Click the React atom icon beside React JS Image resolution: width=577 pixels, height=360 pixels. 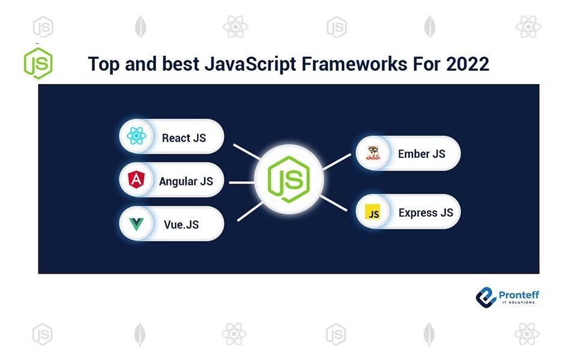click(136, 136)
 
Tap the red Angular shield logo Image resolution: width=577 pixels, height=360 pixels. click(136, 180)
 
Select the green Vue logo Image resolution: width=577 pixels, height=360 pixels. click(136, 224)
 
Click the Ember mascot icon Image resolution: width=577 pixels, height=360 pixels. click(373, 153)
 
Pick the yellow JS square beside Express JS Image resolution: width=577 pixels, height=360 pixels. click(372, 212)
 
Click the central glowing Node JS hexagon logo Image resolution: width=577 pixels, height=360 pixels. click(289, 179)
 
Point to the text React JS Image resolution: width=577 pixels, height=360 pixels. click(184, 138)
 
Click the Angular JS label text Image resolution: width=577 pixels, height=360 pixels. click(186, 181)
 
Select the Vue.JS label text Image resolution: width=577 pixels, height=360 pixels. click(181, 224)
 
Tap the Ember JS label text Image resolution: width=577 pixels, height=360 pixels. click(421, 154)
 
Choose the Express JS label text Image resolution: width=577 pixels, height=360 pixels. click(426, 212)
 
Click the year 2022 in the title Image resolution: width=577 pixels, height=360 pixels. click(468, 64)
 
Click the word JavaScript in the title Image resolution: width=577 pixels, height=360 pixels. click(250, 64)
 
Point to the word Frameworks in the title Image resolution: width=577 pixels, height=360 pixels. click(354, 64)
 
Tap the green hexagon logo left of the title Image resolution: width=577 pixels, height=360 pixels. click(38, 63)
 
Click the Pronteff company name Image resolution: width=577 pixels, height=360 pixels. click(519, 295)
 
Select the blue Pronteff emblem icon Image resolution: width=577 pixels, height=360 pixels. click(486, 297)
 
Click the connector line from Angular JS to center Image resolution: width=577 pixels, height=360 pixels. click(242, 182)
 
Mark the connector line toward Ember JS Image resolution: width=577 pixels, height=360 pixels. click(337, 162)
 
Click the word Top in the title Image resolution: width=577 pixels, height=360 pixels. click(104, 64)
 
